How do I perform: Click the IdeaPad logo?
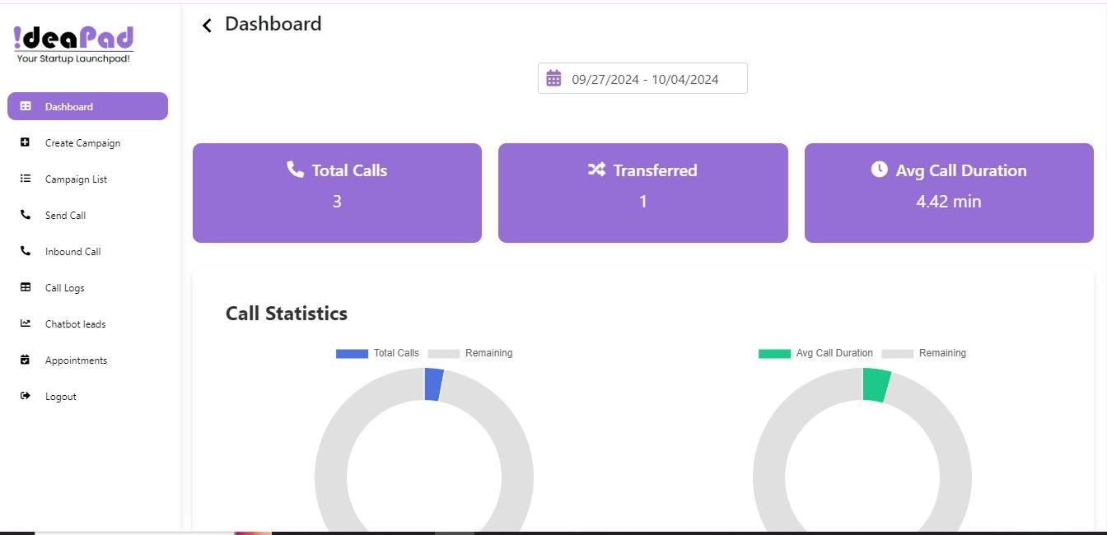click(73, 44)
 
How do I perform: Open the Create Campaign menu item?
click(82, 143)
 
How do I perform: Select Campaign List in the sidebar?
click(76, 179)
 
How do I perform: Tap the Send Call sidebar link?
click(65, 216)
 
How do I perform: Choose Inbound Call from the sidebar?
click(72, 252)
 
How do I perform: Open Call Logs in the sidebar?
click(64, 288)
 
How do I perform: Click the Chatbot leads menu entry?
click(75, 324)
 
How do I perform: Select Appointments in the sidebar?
click(76, 361)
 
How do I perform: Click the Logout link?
click(60, 397)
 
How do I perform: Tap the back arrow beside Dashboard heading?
click(207, 26)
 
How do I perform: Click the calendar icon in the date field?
click(553, 78)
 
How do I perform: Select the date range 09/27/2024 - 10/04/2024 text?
click(645, 80)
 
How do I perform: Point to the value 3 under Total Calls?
click(337, 202)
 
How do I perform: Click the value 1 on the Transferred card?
click(642, 202)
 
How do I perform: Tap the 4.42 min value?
click(948, 202)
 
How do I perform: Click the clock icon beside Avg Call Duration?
click(879, 170)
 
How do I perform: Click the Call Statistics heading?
click(287, 314)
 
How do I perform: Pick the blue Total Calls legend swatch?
click(352, 353)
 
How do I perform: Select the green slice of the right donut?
click(876, 384)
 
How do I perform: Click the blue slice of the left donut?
click(433, 384)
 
